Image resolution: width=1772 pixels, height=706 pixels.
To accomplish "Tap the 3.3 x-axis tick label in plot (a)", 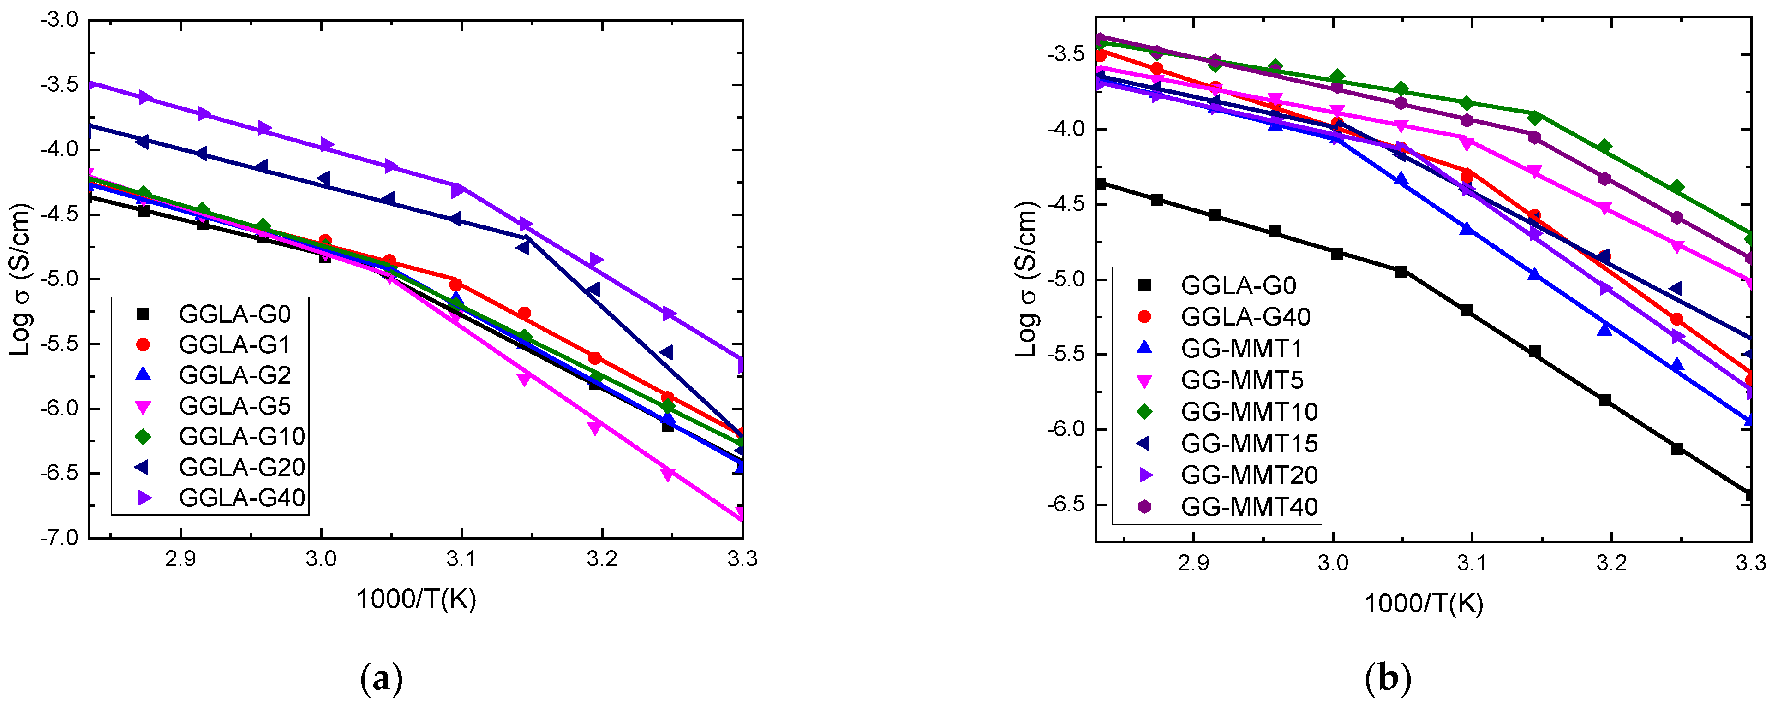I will tap(742, 559).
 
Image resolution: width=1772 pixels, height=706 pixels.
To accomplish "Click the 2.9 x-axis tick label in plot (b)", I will tap(1193, 563).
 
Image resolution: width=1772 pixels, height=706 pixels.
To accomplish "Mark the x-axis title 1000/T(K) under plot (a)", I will tap(416, 599).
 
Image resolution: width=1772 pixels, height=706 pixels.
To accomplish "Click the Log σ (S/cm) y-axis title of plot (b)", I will tap(1025, 279).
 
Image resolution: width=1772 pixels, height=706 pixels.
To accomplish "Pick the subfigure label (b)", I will tap(1388, 679).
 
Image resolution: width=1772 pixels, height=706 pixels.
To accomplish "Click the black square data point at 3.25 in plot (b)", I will tap(1676, 449).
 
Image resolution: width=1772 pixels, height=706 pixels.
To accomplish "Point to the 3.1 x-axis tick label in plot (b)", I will tap(1472, 563).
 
